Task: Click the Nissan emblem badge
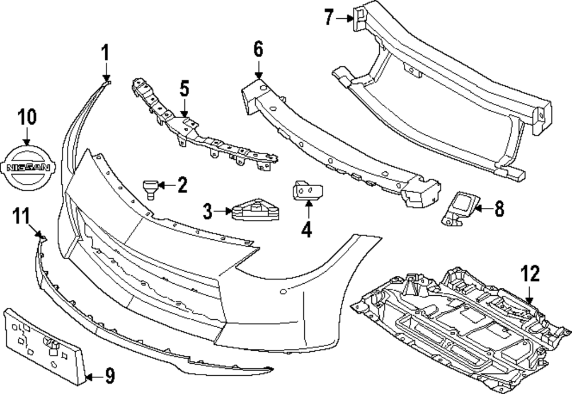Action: [28, 167]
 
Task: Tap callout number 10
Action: [26, 117]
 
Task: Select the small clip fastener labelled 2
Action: [150, 187]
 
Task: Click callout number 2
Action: [181, 185]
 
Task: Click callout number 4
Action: [307, 230]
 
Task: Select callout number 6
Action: [258, 50]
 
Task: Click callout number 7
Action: [328, 18]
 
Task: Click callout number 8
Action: [499, 210]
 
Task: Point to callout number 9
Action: [109, 375]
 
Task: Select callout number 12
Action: [530, 274]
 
